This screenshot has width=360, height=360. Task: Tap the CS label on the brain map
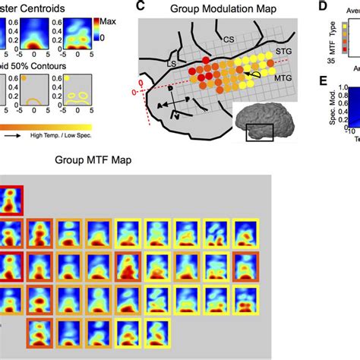(229, 36)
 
